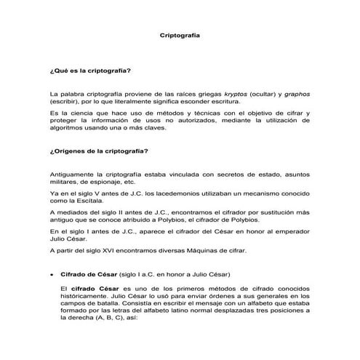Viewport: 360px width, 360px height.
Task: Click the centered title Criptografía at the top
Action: [x=180, y=34]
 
